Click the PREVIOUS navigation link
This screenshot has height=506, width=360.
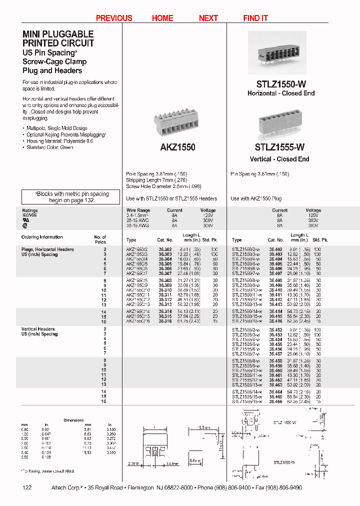pyautogui.click(x=114, y=18)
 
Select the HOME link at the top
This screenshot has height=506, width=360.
pyautogui.click(x=162, y=18)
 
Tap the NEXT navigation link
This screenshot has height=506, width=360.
pyautogui.click(x=208, y=18)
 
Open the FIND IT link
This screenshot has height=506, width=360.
pyautogui.click(x=255, y=18)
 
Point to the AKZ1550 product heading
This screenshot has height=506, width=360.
pyautogui.click(x=177, y=147)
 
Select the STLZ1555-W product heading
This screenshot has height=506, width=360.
pyautogui.click(x=279, y=147)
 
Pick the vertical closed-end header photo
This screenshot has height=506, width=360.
pyautogui.click(x=280, y=123)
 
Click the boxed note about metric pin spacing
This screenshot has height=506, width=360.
pyautogui.click(x=71, y=196)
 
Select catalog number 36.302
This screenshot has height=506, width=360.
pyautogui.click(x=165, y=249)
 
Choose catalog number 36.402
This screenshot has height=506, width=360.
pyautogui.click(x=275, y=249)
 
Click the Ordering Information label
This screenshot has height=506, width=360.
pyautogui.click(x=42, y=237)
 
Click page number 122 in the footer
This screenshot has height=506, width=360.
pyautogui.click(x=27, y=487)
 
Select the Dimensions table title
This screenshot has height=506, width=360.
pyautogui.click(x=73, y=420)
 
